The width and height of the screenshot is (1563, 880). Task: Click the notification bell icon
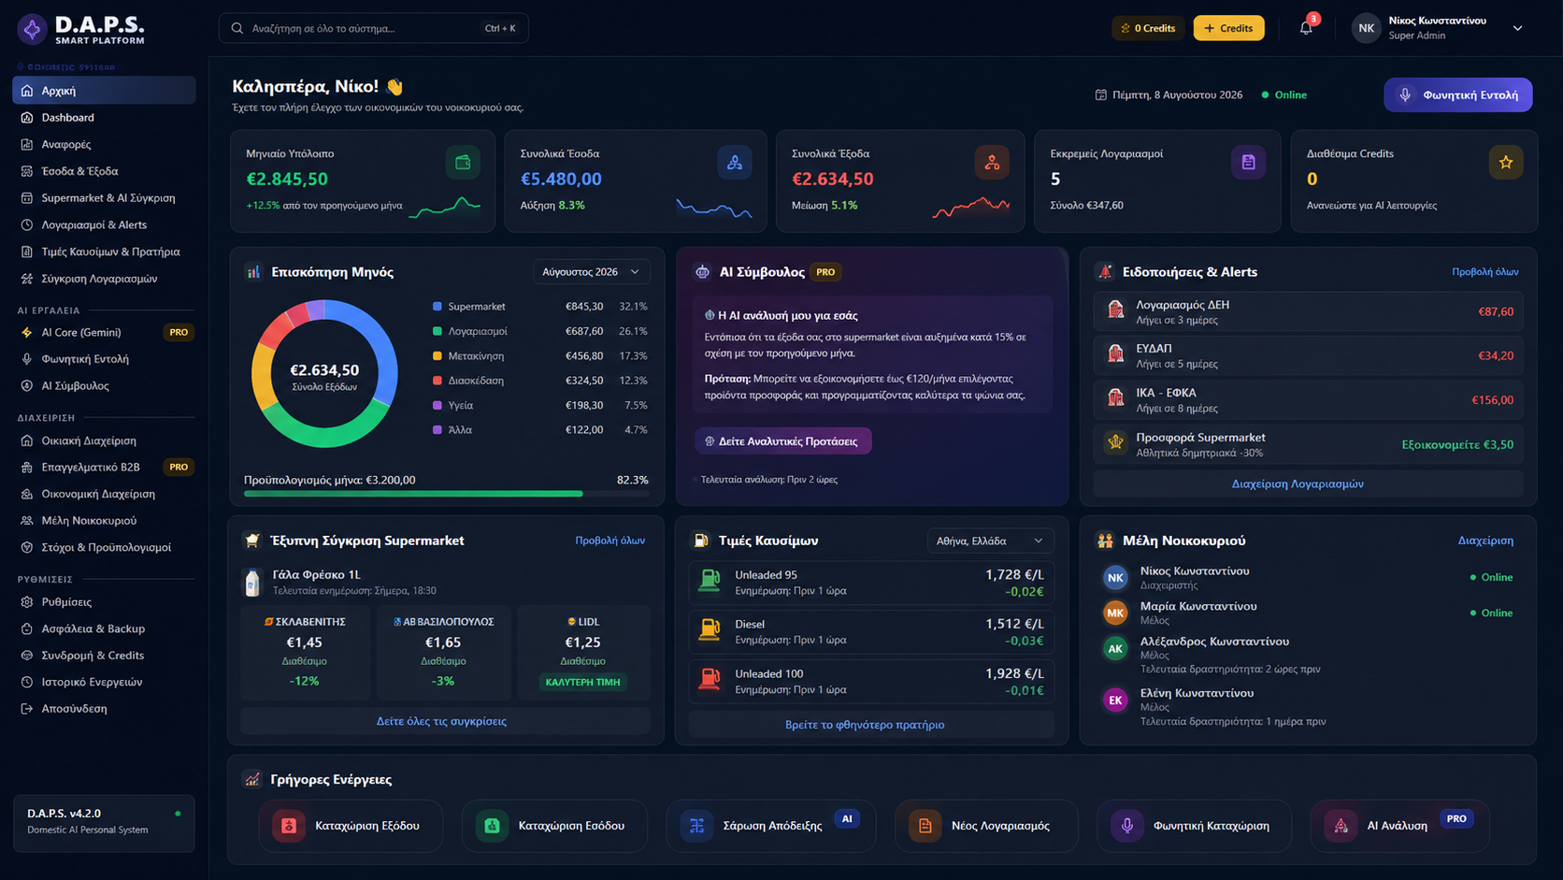[1306, 29]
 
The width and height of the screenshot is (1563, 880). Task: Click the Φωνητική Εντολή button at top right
[1457, 94]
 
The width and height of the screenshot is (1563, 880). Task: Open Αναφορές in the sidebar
[65, 144]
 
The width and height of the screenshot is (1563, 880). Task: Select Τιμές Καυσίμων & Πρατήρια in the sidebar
[110, 252]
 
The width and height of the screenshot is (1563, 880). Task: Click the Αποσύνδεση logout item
[74, 708]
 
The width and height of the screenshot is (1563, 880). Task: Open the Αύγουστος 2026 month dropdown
[591, 271]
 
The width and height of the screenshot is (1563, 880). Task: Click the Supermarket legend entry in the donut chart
[477, 307]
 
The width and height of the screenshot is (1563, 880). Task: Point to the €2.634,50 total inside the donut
[324, 370]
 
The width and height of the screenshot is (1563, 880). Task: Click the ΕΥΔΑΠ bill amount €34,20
[1496, 356]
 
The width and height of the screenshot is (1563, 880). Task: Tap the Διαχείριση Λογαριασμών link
[1298, 483]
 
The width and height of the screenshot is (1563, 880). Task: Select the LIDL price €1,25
[582, 642]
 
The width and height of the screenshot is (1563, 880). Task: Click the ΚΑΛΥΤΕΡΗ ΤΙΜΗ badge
[582, 682]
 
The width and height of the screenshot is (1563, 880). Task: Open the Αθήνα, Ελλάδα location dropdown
[989, 541]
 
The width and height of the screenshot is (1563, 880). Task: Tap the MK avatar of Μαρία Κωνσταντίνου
[1115, 613]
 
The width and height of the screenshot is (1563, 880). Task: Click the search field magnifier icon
[237, 29]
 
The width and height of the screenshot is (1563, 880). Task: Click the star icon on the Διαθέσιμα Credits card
[1506, 163]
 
